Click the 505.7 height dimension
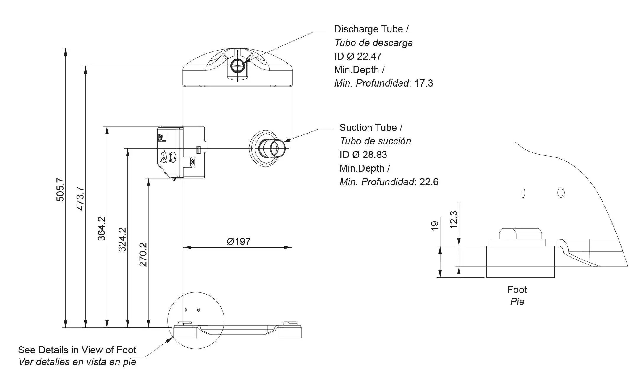point(60,189)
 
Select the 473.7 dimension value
point(80,198)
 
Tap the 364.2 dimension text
point(101,228)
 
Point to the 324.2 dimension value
point(122,239)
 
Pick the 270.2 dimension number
point(143,254)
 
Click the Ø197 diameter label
point(238,241)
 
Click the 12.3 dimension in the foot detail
point(453,220)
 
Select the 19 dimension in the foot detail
point(434,226)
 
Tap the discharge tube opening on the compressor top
point(237,65)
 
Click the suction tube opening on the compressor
point(278,148)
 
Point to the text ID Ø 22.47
point(357,56)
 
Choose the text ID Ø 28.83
point(363,155)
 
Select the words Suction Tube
point(368,128)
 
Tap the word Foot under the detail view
point(517,290)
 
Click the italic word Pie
point(517,301)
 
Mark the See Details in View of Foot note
point(77,350)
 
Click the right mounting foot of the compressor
point(290,331)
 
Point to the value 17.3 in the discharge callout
point(423,83)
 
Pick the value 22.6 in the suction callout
point(429,182)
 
